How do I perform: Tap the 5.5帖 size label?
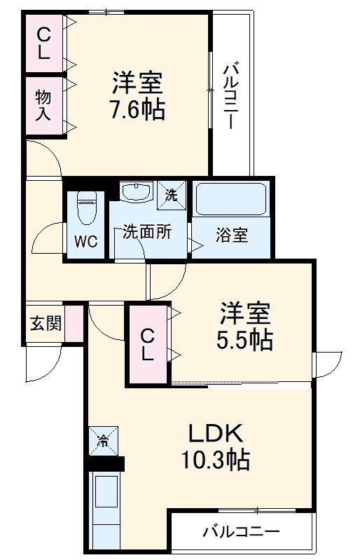244,341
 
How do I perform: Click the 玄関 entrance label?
46,323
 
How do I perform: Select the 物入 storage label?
43,104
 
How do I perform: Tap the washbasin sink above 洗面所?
136,192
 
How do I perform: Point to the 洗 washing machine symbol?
170,193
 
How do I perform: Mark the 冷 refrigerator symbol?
102,441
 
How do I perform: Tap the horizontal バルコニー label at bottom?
240,533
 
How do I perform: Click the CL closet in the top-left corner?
43,42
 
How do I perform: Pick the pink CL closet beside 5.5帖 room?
147,344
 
